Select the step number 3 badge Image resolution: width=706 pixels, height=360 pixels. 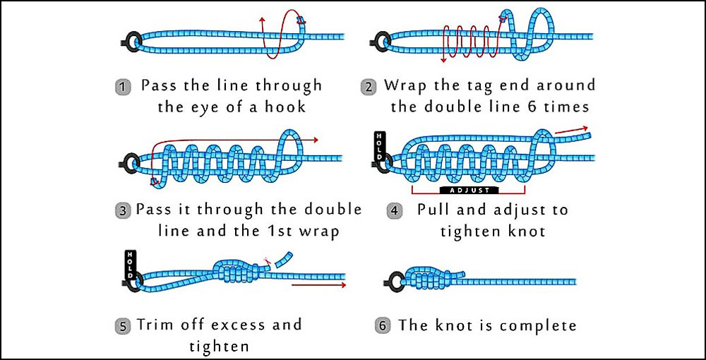pyautogui.click(x=123, y=211)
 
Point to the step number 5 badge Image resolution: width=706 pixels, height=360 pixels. pyautogui.click(x=123, y=326)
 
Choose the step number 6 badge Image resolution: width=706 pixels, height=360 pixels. pyautogui.click(x=383, y=326)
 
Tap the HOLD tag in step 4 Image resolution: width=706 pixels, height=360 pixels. pyautogui.click(x=379, y=145)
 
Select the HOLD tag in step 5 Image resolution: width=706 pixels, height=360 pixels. pyautogui.click(x=130, y=262)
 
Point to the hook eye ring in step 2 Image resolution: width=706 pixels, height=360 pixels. pyautogui.click(x=378, y=40)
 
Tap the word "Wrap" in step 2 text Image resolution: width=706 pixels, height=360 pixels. pyautogui.click(x=405, y=86)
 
